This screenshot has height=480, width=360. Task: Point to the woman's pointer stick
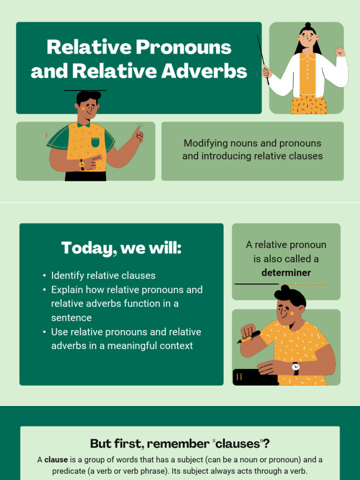coord(263,58)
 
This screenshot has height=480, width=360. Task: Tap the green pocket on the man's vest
coord(95,142)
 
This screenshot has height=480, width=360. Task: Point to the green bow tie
coord(83,124)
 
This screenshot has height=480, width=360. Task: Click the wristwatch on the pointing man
coord(82,165)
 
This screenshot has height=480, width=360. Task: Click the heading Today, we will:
coord(121,248)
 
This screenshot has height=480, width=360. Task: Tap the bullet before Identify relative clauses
coord(44,276)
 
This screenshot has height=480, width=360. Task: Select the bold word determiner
coord(286,272)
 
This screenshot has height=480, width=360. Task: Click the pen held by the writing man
coord(249,337)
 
